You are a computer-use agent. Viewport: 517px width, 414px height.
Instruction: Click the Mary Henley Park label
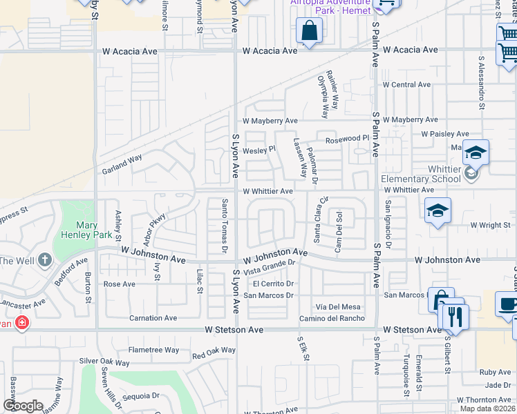tap(95, 230)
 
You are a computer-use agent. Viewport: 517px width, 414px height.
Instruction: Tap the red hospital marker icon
tap(22, 322)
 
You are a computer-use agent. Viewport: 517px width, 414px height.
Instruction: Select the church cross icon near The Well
tap(44, 260)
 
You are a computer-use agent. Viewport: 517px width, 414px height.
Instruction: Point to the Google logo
tap(23, 406)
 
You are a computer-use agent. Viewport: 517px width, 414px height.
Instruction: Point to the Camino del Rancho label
tap(332, 318)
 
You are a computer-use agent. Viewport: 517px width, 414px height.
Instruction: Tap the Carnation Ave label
tap(153, 318)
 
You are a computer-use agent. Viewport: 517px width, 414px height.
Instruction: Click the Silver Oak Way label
tap(104, 362)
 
